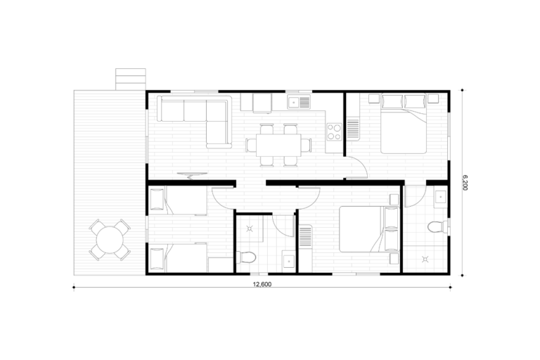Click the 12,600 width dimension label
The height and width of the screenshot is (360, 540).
[262, 285]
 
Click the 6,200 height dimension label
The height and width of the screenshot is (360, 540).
[465, 183]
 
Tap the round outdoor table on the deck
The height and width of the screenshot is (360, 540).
[110, 240]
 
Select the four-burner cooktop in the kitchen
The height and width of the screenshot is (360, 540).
[334, 132]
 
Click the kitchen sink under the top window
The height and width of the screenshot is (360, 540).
[299, 102]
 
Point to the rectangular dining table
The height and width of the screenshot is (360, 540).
[278, 145]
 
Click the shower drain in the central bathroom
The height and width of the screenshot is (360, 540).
[250, 229]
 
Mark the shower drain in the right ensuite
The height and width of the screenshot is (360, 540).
[425, 259]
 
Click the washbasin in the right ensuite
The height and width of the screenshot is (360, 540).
[440, 197]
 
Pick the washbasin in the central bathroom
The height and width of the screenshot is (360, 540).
[288, 261]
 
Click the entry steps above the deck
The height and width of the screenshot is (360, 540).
[131, 79]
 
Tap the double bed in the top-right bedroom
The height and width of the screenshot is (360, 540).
[404, 124]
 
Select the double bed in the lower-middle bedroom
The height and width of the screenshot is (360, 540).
[369, 229]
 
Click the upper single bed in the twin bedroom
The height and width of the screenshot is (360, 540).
[179, 200]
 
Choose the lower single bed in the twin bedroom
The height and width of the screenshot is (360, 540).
[179, 257]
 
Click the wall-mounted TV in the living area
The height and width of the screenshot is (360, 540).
[192, 176]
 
